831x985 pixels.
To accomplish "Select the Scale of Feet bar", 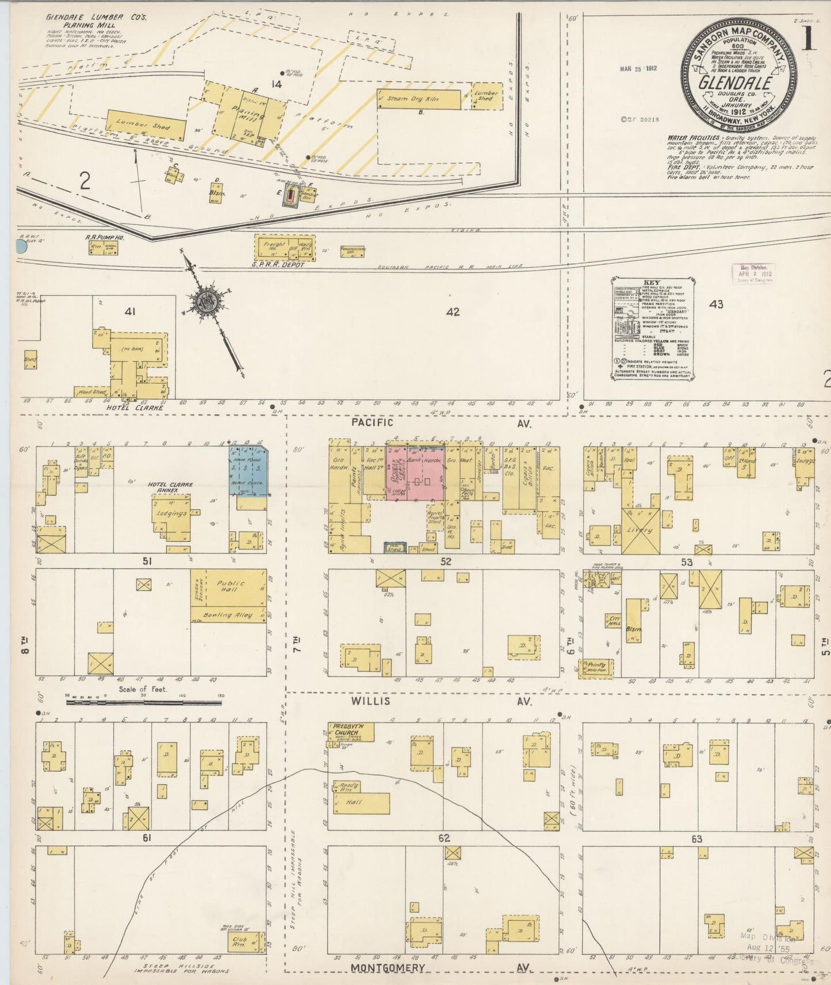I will (x=144, y=702).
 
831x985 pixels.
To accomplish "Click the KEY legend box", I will (x=652, y=329).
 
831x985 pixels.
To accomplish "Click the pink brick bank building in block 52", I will (x=415, y=472).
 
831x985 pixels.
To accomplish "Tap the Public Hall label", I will (x=231, y=586).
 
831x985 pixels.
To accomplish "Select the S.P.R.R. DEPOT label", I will (x=277, y=264).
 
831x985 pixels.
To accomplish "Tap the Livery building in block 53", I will (x=640, y=530).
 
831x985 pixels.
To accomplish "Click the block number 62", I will (x=444, y=838).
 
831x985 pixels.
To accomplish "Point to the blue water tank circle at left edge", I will (x=21, y=247).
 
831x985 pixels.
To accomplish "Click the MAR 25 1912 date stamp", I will (x=638, y=68).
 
